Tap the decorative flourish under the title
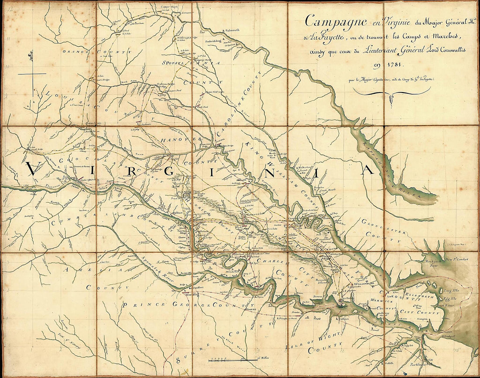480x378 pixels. pyautogui.click(x=391, y=93)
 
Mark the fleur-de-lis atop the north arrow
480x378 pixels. pyautogui.click(x=31, y=55)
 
